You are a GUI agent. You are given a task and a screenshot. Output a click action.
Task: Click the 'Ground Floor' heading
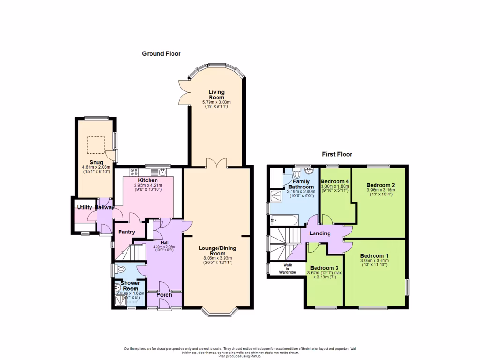[x=161, y=54]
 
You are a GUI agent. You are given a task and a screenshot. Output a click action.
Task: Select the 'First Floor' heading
[x=337, y=154]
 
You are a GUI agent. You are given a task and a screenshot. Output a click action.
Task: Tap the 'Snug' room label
[x=97, y=162]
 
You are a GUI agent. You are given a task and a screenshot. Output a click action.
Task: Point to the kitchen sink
[x=163, y=171]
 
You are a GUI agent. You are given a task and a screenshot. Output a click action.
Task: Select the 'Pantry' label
[x=126, y=232]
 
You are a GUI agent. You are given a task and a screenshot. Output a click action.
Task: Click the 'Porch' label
[x=164, y=295]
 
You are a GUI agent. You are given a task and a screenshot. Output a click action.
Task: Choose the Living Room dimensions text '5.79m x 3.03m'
[x=216, y=102]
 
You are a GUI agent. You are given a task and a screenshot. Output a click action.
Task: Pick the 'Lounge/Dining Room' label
[x=217, y=250]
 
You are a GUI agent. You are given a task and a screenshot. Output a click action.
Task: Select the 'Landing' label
[x=320, y=233]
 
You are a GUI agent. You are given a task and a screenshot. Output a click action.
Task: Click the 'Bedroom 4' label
[x=334, y=181]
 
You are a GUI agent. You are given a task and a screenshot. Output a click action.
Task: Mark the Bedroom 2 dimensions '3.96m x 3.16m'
[x=381, y=190]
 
